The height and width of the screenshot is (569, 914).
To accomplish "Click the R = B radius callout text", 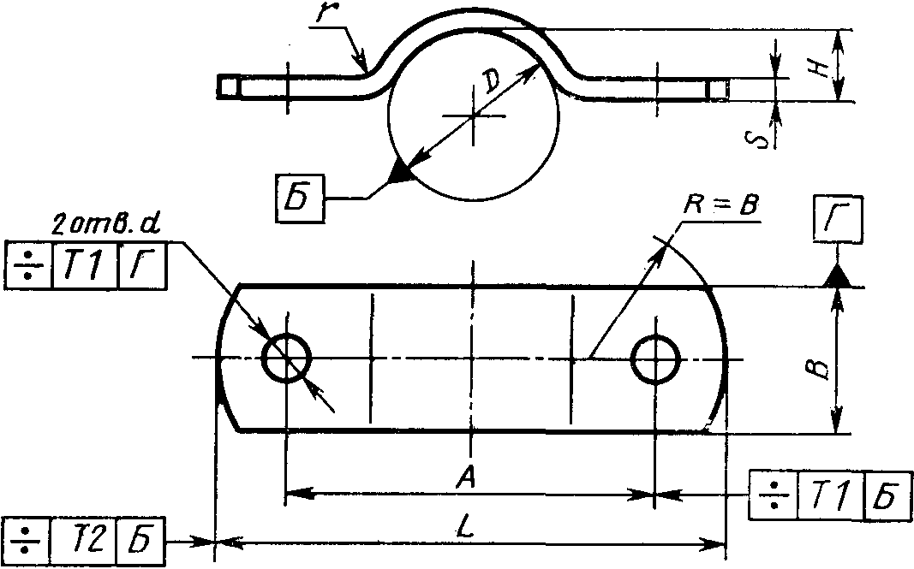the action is [720, 205].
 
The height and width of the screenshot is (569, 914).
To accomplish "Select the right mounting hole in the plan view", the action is [656, 359].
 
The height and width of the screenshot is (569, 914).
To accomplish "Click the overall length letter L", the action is [467, 527].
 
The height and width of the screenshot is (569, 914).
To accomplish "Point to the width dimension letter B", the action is [821, 367].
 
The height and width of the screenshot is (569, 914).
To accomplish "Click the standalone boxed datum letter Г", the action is [838, 218].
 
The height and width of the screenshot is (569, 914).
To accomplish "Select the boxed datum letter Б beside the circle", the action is [300, 200].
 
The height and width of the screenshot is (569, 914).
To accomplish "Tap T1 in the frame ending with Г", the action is [85, 265].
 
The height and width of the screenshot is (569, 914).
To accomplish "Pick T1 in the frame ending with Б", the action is [831, 495].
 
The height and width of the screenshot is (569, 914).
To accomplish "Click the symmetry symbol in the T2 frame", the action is [27, 541].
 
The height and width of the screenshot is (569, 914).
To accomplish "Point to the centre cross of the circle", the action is [474, 115].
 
